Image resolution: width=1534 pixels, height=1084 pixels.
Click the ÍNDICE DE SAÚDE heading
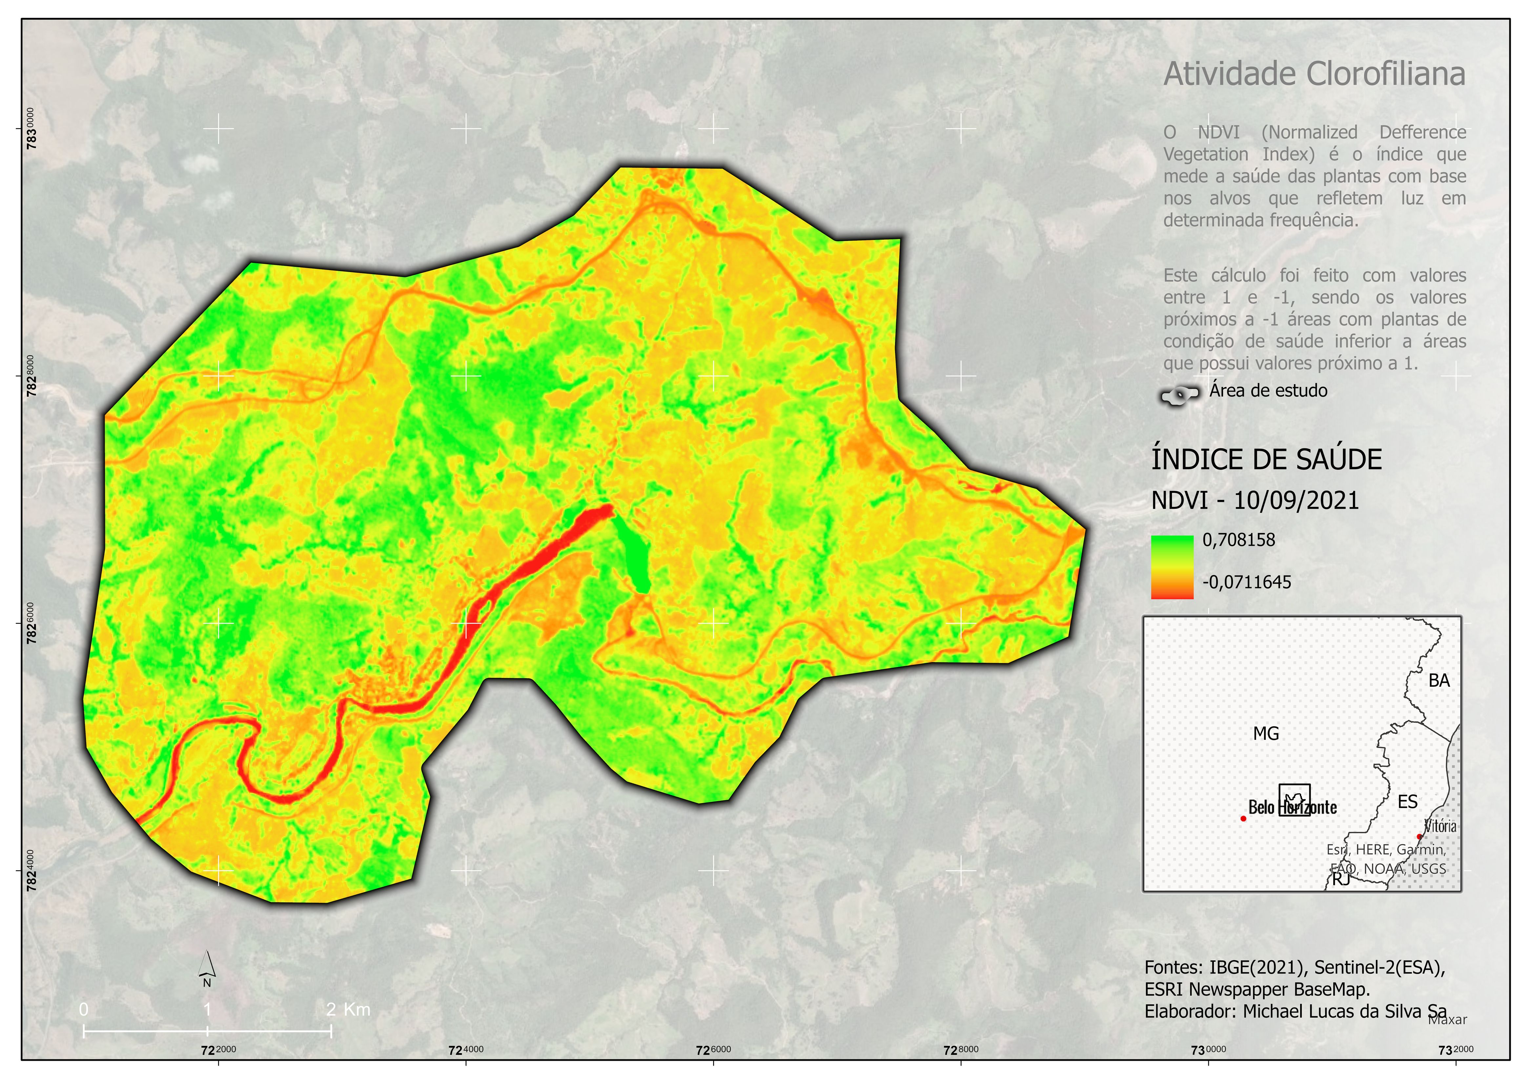[1266, 460]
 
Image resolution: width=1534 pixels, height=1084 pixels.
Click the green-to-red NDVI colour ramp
[1172, 566]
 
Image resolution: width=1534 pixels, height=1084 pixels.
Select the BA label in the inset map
[1439, 680]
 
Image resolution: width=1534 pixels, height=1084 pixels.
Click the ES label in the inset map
[1407, 801]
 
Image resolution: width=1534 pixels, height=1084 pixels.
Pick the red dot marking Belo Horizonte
[1243, 818]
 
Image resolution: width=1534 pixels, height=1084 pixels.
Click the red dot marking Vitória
[1419, 836]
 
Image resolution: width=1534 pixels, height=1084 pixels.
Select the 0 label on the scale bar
[84, 1009]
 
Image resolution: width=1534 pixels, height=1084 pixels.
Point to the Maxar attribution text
[1447, 1020]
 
